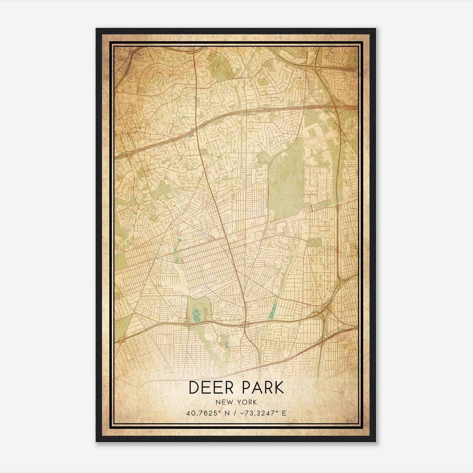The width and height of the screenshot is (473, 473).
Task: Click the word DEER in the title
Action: [210, 388]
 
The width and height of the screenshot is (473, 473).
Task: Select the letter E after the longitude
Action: [284, 413]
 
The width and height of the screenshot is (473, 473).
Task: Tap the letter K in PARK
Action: [278, 388]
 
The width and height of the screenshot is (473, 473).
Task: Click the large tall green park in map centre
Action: [285, 183]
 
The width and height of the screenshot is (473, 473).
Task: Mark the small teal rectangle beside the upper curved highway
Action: [192, 136]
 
